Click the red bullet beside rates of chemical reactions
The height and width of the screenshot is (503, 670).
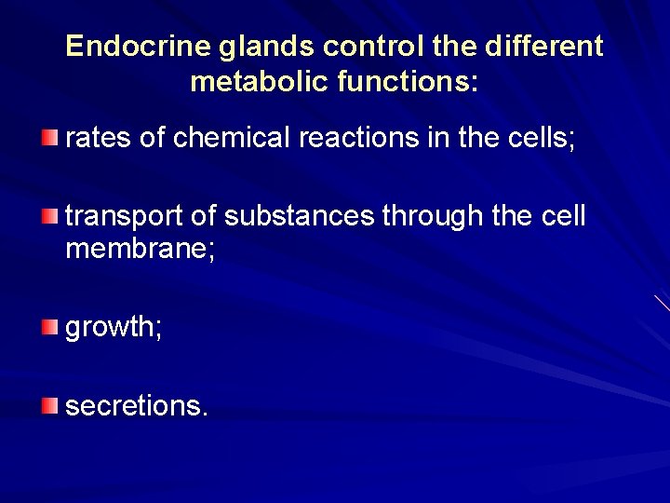click(x=49, y=139)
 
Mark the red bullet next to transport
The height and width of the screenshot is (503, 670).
click(x=49, y=217)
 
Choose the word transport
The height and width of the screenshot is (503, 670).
click(x=124, y=217)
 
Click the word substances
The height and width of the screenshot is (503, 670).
click(x=301, y=217)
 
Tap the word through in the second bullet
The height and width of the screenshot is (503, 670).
click(x=432, y=217)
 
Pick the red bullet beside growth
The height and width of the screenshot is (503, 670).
click(x=49, y=327)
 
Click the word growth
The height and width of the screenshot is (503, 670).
click(x=111, y=328)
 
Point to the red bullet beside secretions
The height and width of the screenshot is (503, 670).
click(x=49, y=405)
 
